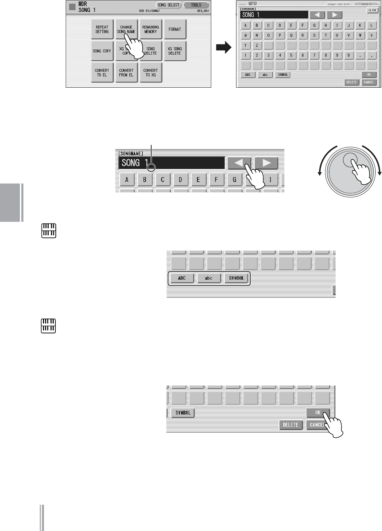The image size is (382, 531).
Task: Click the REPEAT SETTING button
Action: click(x=102, y=29)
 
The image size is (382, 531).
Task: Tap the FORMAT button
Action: click(x=175, y=29)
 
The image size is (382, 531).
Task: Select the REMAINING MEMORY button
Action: click(x=151, y=29)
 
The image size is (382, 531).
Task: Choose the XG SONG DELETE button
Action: click(x=175, y=51)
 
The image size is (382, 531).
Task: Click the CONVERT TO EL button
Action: click(x=102, y=73)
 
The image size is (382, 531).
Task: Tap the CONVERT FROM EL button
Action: click(x=126, y=73)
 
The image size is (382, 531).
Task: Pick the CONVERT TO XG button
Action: click(x=151, y=73)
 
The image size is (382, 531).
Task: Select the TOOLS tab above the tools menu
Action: click(x=196, y=5)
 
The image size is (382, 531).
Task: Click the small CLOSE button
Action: click(x=372, y=10)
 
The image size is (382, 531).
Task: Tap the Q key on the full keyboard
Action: click(x=291, y=35)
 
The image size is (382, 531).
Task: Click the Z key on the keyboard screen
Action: click(x=257, y=45)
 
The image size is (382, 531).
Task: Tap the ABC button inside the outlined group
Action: click(x=182, y=278)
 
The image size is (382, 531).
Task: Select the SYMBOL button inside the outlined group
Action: click(x=236, y=278)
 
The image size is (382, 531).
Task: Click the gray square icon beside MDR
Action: click(x=72, y=7)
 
